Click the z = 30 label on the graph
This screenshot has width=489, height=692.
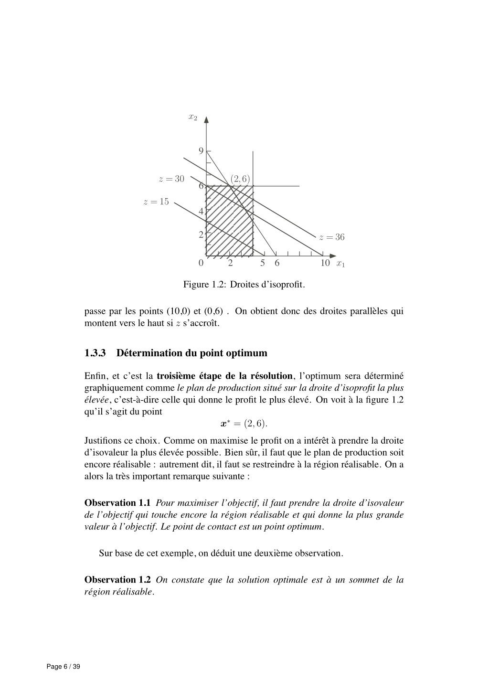tap(171, 179)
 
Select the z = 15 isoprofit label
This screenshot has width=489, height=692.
tap(156, 202)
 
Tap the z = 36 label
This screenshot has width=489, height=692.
tap(331, 237)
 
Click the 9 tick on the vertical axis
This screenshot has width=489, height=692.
tap(201, 151)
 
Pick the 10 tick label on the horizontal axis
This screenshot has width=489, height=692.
tap(325, 263)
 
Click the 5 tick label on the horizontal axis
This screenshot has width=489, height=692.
tap(263, 263)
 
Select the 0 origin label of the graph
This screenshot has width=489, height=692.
tap(201, 263)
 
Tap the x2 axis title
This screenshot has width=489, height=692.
tap(192, 117)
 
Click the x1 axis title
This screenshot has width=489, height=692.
tap(340, 264)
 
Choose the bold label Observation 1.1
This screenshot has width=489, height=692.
tap(117, 503)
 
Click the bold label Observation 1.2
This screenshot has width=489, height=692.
tap(117, 580)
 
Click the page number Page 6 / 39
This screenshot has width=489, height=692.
tap(64, 667)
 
